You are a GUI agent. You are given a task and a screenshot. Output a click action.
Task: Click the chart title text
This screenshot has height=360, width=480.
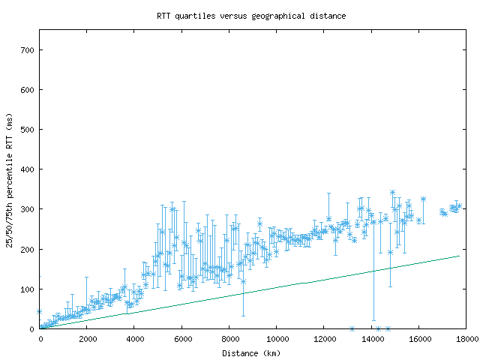251,15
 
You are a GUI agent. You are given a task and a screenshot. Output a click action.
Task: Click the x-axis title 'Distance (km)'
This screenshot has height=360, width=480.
251,352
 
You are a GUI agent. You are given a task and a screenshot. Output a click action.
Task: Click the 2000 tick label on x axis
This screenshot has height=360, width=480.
88,339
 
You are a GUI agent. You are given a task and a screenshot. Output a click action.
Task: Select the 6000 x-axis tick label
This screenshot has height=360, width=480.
182,339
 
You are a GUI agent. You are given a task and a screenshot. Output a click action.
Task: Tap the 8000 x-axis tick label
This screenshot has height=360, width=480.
229,339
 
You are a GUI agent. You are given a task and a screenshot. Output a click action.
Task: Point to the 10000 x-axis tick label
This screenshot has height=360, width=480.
277,339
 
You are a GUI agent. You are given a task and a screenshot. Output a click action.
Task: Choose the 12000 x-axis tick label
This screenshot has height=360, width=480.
324,339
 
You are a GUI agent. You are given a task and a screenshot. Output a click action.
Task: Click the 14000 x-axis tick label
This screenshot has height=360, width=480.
371,339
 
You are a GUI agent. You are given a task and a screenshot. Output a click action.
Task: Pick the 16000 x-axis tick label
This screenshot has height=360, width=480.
418,339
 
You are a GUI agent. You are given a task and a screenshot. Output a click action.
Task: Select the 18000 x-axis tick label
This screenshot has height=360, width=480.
465,339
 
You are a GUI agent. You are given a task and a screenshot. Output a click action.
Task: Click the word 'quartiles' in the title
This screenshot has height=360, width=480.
195,15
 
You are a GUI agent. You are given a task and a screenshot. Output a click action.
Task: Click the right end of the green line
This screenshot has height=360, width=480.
459,256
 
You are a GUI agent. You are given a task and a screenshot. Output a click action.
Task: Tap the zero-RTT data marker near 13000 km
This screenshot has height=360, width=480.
352,328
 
